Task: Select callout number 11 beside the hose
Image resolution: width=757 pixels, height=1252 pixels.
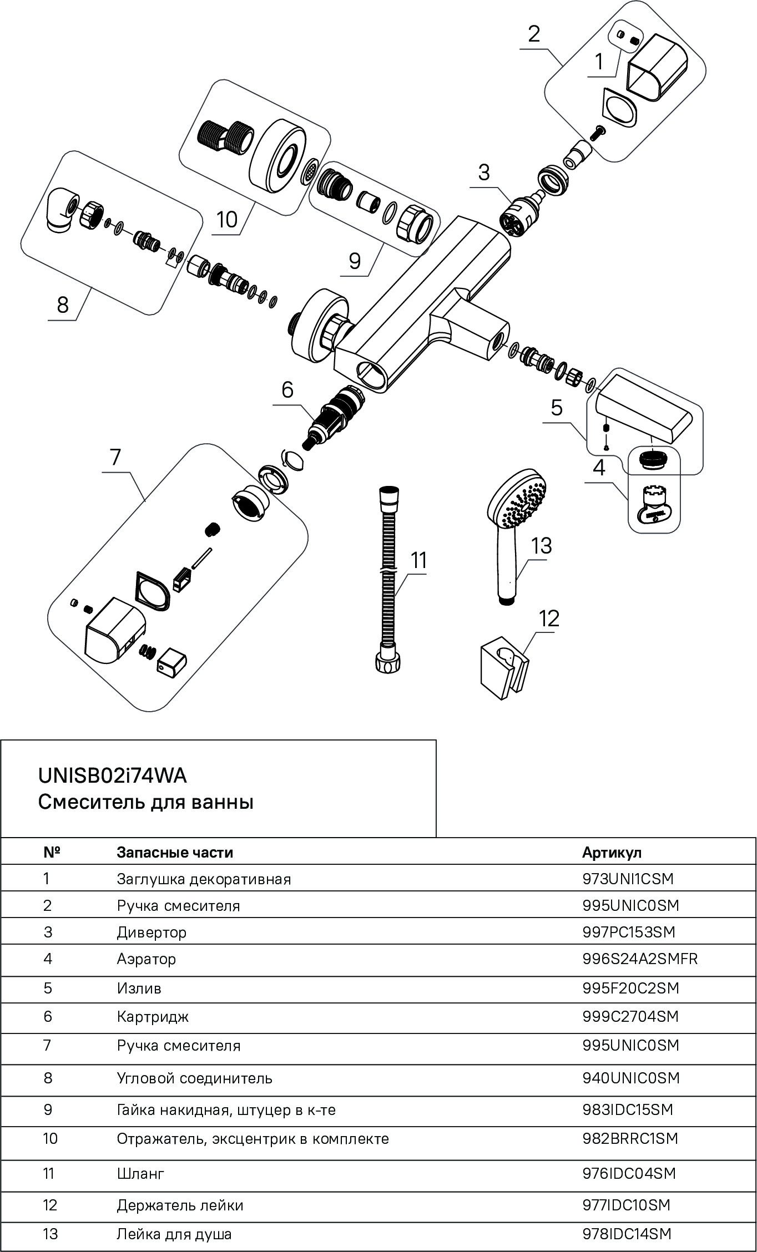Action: tap(419, 560)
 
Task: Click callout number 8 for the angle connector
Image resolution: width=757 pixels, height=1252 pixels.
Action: tap(63, 305)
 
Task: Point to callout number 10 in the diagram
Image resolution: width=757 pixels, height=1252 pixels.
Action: tap(226, 220)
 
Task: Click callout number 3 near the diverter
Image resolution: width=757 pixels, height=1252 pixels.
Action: tap(484, 173)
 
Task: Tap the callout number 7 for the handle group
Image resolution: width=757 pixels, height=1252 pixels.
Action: tap(115, 457)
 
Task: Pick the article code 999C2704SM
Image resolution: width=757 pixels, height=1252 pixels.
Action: tap(630, 1017)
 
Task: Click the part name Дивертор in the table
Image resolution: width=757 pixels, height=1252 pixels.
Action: tap(152, 932)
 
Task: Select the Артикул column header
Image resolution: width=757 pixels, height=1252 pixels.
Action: tap(612, 853)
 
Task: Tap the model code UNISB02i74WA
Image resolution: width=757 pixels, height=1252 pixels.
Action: tap(112, 775)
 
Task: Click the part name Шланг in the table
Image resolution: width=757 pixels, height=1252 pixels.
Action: tap(140, 1174)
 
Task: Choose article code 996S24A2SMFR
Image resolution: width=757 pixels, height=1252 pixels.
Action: tap(639, 959)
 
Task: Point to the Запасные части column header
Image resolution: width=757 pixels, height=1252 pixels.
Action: tap(175, 853)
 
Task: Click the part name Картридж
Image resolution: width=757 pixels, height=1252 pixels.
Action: tap(153, 1017)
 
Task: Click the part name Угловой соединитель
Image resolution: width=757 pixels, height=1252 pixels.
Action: tap(194, 1078)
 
